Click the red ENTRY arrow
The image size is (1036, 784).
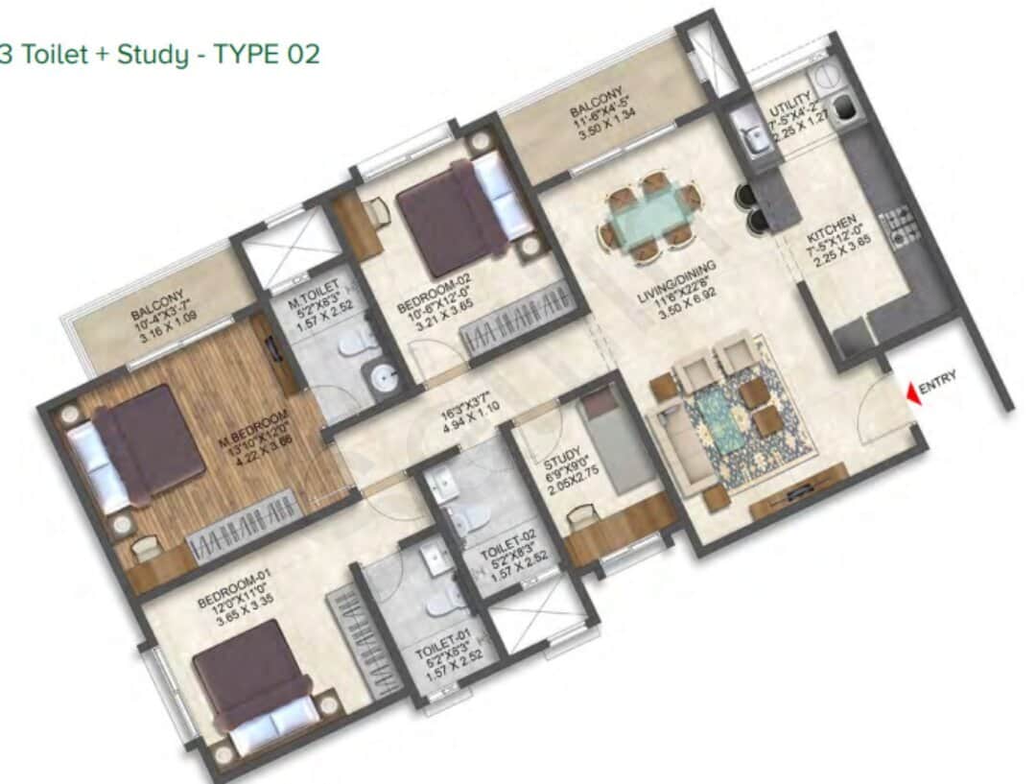pos(910,391)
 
